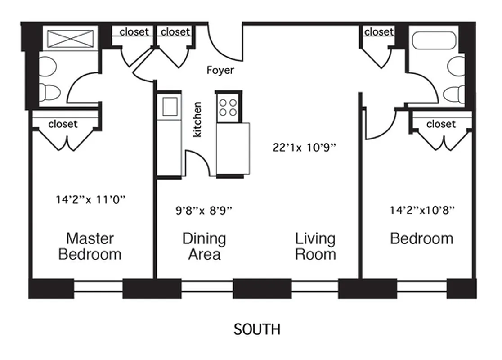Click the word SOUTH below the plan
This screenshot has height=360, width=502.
(x=257, y=329)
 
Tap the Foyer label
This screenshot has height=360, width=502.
(x=220, y=70)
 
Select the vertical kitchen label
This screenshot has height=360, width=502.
(x=197, y=120)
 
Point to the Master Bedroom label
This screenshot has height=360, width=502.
(x=90, y=246)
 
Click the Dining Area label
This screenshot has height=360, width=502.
(x=204, y=246)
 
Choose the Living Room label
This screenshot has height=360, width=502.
(x=315, y=246)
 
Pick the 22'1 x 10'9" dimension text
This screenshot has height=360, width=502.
(x=305, y=147)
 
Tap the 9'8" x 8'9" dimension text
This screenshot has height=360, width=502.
(x=204, y=210)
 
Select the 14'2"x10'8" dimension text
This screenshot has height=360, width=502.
(x=422, y=209)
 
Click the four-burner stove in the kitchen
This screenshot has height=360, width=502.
(x=228, y=107)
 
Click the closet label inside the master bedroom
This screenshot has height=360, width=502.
(x=63, y=124)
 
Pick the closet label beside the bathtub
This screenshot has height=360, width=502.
(x=379, y=32)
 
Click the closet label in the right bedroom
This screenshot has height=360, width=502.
(x=441, y=124)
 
